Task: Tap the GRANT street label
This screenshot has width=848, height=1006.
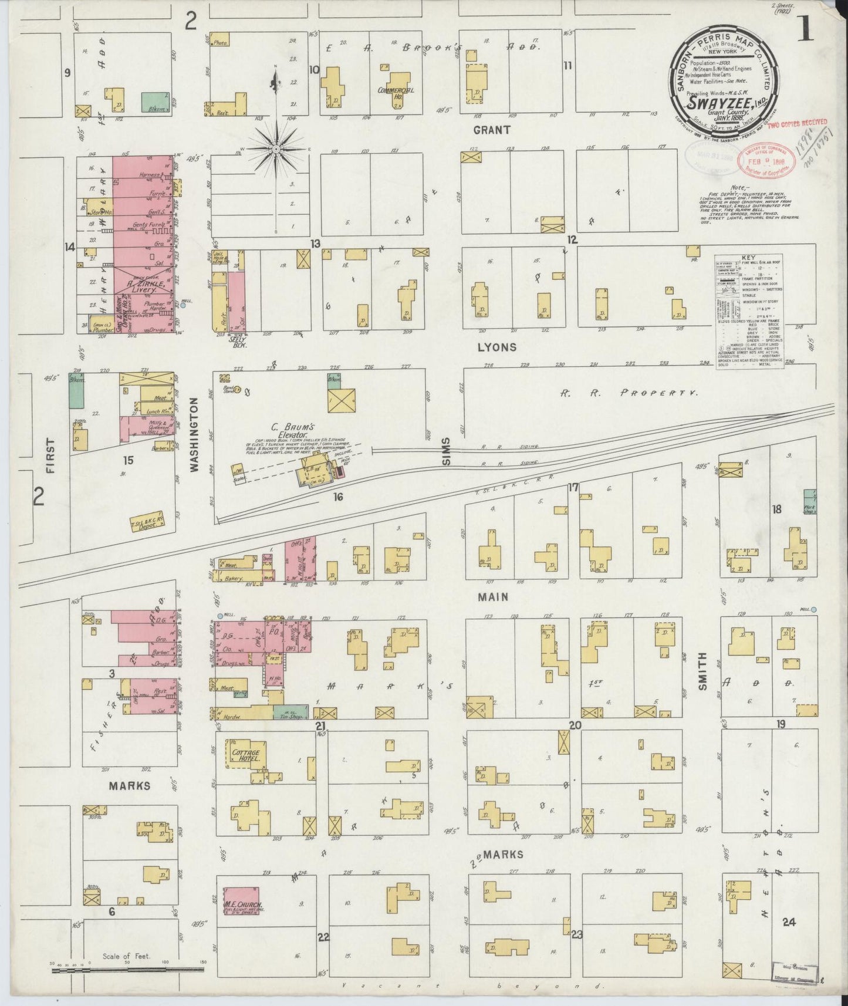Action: click(492, 130)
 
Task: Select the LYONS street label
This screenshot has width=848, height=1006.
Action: click(496, 347)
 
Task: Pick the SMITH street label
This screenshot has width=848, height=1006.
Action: click(703, 670)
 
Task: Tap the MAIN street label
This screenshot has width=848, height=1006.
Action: click(492, 597)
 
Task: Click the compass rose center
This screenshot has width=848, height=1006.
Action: click(276, 150)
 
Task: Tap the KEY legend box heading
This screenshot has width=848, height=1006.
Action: click(748, 258)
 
